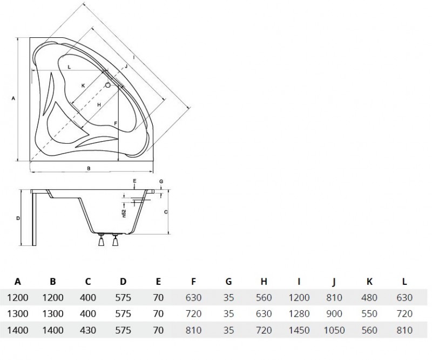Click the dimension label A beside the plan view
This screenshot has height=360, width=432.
click(x=13, y=98)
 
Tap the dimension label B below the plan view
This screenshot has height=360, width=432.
click(x=89, y=168)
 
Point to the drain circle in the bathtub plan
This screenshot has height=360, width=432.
click(x=108, y=85)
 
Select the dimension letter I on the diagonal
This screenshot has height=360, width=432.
click(x=134, y=58)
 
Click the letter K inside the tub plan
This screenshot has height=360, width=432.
click(x=83, y=86)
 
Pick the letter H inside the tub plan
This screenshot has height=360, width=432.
click(x=99, y=105)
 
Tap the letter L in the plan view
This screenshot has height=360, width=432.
click(x=69, y=67)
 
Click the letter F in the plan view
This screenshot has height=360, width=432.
click(x=116, y=123)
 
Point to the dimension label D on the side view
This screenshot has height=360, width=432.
click(x=18, y=218)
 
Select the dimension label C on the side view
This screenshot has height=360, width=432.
click(x=166, y=212)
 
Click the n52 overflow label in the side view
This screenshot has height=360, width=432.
click(x=124, y=213)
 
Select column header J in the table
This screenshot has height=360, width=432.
click(x=334, y=282)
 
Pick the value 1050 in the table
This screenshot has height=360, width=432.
click(x=334, y=330)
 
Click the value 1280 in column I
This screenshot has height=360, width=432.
click(x=299, y=314)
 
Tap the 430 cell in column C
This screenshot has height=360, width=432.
click(x=88, y=330)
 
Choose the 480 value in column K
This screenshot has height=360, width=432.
click(x=369, y=297)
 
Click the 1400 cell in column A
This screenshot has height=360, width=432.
click(x=18, y=330)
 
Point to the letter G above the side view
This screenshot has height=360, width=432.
click(x=161, y=182)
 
